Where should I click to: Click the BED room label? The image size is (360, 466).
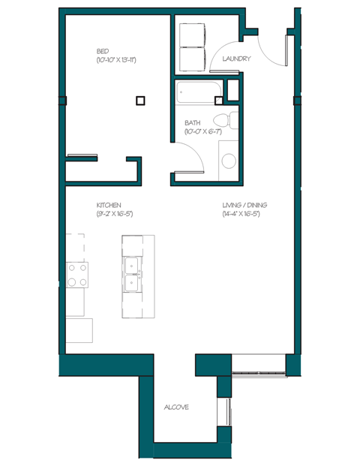102,50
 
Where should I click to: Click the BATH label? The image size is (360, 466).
193,123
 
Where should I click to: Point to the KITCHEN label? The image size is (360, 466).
109,205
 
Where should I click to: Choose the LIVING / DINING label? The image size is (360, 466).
244,205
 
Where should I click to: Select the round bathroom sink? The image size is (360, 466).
229,160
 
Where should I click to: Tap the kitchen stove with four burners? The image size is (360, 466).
76,274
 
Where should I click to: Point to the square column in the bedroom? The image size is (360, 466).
140,99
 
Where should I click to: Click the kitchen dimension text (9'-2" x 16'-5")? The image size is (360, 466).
115,214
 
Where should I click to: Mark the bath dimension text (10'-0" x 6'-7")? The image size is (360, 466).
202,132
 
